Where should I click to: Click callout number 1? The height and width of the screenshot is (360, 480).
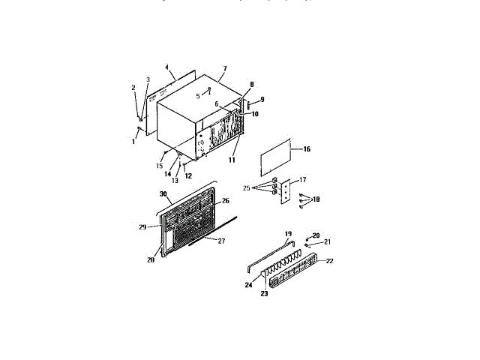tap(133, 141)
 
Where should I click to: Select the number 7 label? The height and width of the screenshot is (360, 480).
tap(223, 68)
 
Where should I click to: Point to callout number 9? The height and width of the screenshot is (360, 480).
tap(262, 100)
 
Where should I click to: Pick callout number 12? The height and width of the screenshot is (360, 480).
tap(189, 176)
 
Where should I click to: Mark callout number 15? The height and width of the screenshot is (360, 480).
tap(159, 165)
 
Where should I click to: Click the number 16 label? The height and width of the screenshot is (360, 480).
tap(306, 149)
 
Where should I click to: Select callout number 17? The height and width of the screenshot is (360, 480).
tap(303, 180)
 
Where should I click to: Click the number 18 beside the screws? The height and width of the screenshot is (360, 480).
tap(316, 199)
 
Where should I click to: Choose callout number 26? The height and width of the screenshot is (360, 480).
tap(225, 201)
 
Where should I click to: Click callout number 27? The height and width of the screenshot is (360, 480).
tap(221, 241)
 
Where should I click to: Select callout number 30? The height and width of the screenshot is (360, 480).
tap(163, 193)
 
